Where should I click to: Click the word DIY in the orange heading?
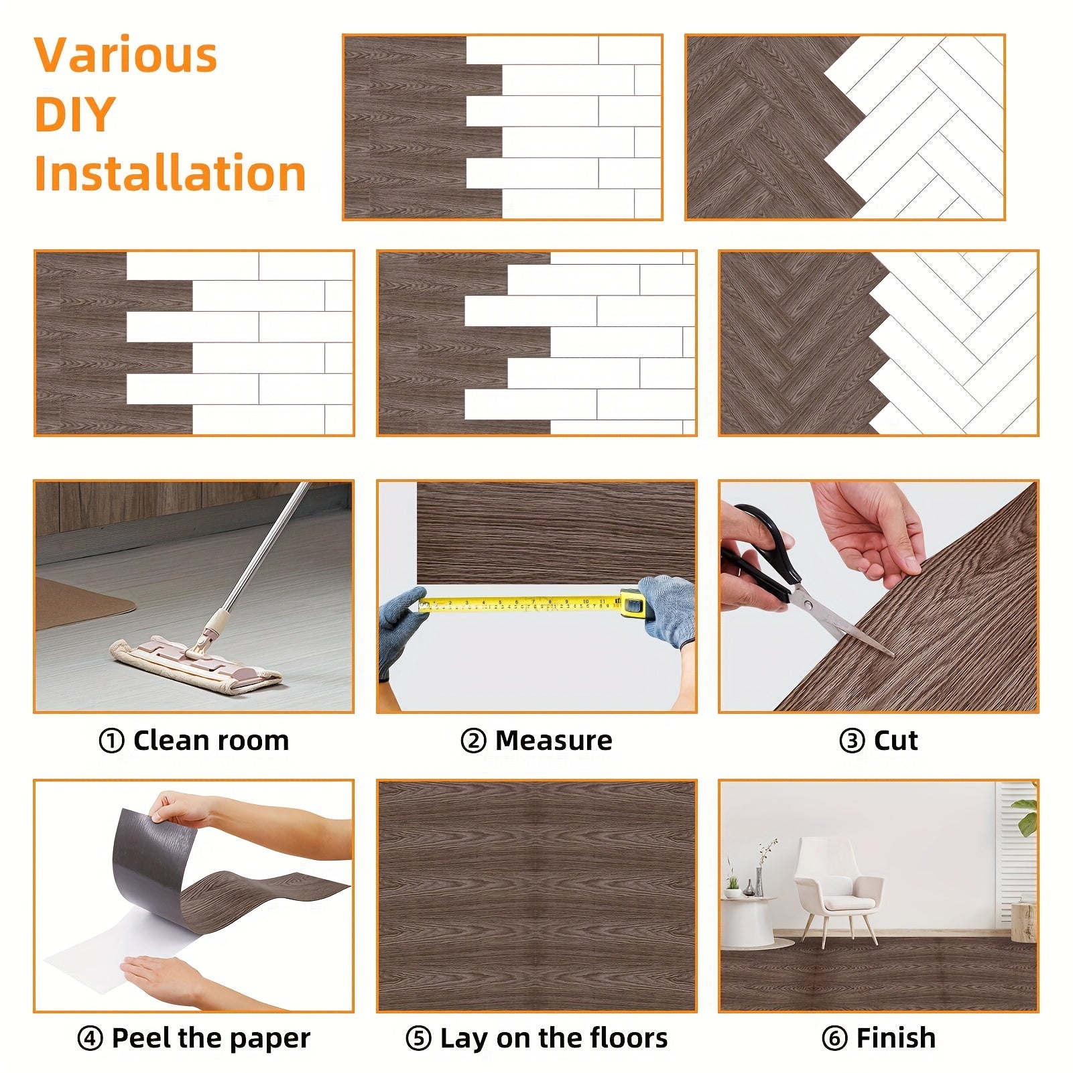(74, 114)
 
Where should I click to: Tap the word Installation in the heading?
(170, 173)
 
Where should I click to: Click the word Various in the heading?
(126, 55)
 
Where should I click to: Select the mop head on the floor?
(196, 662)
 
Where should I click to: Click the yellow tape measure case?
(633, 603)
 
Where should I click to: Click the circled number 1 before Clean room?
(111, 741)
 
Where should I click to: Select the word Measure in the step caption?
(554, 741)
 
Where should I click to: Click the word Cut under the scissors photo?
(895, 741)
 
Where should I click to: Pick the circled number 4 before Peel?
(90, 1039)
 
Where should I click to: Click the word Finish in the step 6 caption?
(895, 1038)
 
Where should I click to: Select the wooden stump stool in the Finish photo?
(1023, 922)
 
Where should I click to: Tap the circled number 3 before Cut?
(852, 741)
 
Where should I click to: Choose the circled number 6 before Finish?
(834, 1039)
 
